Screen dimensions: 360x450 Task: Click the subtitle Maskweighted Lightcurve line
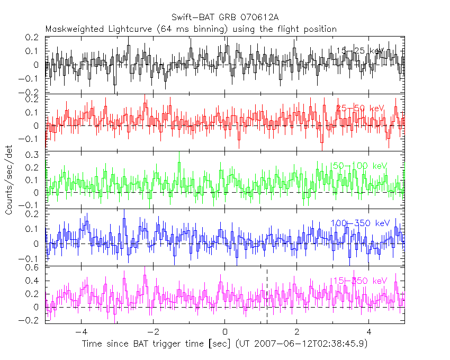point(191,29)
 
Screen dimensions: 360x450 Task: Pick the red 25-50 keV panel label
point(360,108)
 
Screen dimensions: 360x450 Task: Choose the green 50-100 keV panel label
point(360,166)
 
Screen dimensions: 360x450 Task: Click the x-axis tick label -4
point(80,332)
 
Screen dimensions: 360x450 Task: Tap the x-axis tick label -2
point(152,332)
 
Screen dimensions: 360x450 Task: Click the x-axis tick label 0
point(225,332)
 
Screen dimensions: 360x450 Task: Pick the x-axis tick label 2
point(297,332)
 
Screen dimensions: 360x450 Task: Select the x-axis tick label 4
point(369,332)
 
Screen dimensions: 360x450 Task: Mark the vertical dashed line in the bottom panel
point(267,296)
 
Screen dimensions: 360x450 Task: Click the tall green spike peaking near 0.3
point(179,159)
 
